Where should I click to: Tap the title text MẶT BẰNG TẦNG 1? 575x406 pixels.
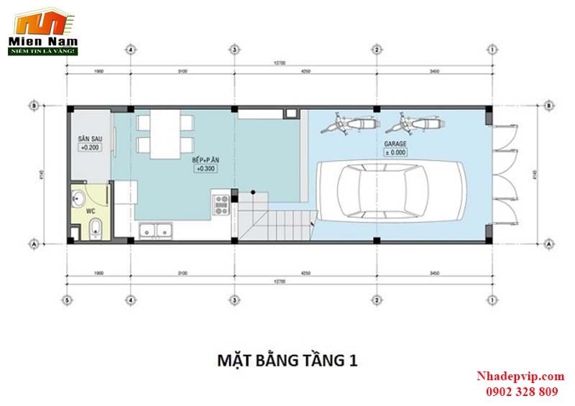[x=286, y=359]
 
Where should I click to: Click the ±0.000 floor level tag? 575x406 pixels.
[x=395, y=152]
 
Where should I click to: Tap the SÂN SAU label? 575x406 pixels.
[x=90, y=137]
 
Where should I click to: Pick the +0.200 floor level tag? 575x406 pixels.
[x=90, y=147]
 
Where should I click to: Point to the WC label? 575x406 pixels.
[x=91, y=211]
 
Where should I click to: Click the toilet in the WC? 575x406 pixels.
[x=96, y=229]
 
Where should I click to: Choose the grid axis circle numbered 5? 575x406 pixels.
[x=67, y=300]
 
